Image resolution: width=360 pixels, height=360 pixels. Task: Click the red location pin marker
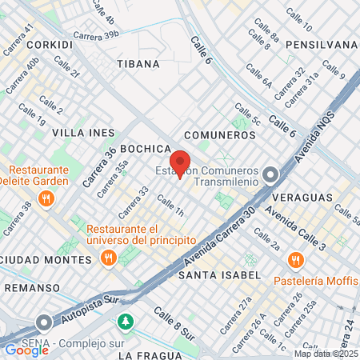pos(179,162)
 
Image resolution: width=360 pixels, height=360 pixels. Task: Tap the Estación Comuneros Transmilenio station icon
pos(271,173)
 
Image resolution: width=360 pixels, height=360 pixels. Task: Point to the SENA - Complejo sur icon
pos(43,322)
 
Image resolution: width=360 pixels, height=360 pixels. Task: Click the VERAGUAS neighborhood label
pos(301,196)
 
